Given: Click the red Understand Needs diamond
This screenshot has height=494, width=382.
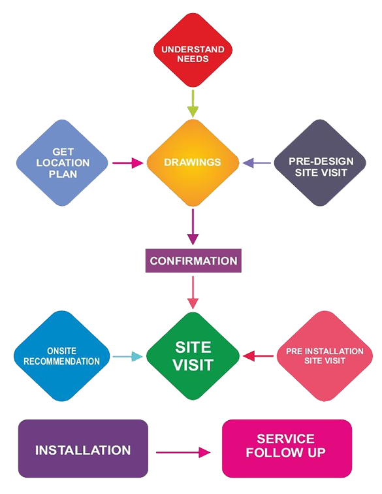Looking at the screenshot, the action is (x=193, y=50).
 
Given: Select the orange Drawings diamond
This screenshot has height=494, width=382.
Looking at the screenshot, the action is (x=193, y=163).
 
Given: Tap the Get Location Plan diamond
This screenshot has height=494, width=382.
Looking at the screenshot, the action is (x=62, y=163).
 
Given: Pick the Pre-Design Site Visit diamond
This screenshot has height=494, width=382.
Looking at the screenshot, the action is (x=320, y=163).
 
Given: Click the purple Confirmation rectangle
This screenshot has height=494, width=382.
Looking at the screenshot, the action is (x=193, y=261).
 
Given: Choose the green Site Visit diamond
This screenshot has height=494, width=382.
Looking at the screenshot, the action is (x=193, y=356).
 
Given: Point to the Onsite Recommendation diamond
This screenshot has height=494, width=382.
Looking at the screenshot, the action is (x=62, y=356).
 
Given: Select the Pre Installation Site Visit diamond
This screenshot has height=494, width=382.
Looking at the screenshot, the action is (x=325, y=356).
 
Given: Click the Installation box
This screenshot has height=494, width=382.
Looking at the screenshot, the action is (x=83, y=448).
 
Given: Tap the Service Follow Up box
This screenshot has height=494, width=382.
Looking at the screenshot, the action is (x=287, y=448).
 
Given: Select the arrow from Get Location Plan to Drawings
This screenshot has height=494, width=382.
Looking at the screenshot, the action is (x=128, y=163).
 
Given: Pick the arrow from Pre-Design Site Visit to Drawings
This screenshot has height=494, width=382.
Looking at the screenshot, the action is (x=257, y=163).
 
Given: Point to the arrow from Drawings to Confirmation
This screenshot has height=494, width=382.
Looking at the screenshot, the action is (x=193, y=227).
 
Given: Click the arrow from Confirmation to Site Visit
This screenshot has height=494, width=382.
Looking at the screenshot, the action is (x=193, y=292).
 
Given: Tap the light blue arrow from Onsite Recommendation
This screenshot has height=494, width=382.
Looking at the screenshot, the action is (x=128, y=357).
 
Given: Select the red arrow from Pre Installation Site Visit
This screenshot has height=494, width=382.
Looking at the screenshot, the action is (x=258, y=356).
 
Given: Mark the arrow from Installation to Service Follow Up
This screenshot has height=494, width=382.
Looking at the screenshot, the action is (x=183, y=452).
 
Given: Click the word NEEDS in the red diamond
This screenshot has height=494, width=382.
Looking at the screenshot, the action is (x=193, y=59).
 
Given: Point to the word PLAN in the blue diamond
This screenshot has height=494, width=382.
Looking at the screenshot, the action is (x=63, y=174).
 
